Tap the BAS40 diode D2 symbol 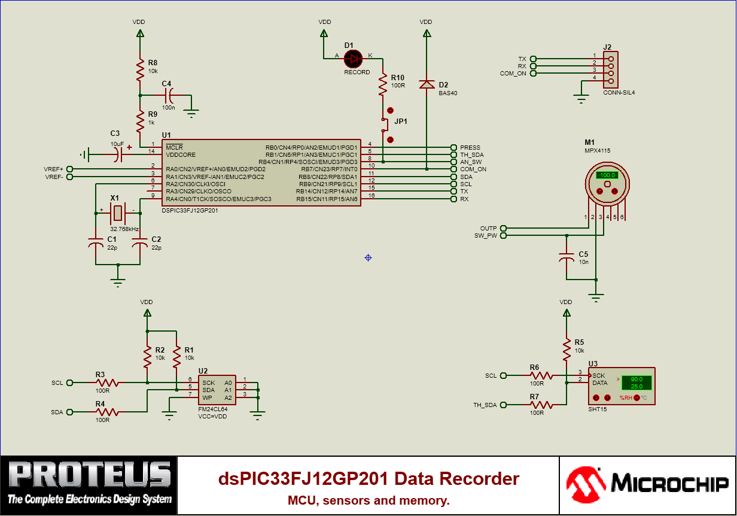426,84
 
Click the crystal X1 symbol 118,213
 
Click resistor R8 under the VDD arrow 140,70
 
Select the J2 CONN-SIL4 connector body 611,69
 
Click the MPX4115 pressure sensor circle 607,183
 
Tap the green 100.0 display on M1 607,175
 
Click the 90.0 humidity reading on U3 636,379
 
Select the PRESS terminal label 470,147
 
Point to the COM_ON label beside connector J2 513,74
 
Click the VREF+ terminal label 53,169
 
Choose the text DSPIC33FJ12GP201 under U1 190,211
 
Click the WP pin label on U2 207,397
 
